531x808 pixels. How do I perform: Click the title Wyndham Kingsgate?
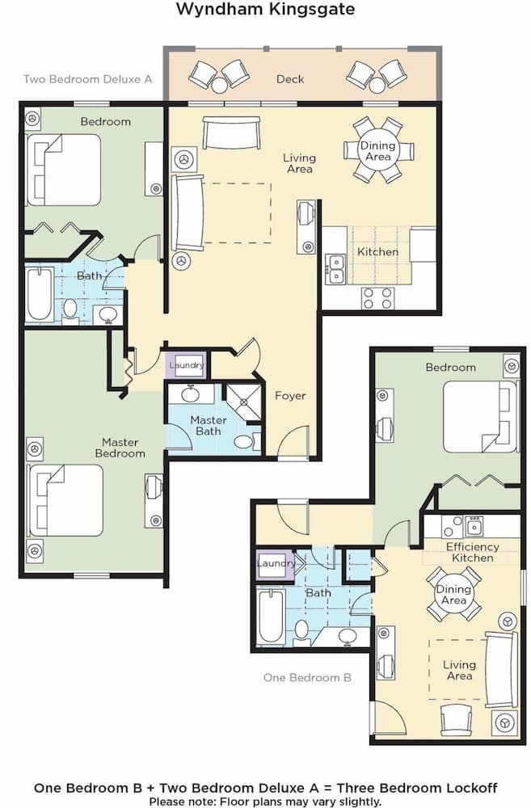click(x=265, y=10)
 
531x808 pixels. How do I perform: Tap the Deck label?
click(x=290, y=79)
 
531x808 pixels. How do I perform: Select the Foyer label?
click(x=290, y=396)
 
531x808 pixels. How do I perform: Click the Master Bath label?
click(x=208, y=425)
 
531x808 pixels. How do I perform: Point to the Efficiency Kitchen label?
click(x=473, y=552)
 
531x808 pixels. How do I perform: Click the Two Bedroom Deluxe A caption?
click(x=88, y=79)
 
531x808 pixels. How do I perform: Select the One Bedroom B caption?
click(x=307, y=678)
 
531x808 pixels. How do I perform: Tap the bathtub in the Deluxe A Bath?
click(x=40, y=294)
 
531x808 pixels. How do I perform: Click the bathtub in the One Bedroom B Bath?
click(x=272, y=617)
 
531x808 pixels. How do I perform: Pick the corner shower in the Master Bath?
click(x=240, y=401)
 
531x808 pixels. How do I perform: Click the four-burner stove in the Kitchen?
click(x=377, y=298)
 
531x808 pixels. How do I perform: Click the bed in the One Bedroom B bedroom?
click(x=479, y=416)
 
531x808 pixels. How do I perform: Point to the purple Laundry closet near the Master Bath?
click(x=187, y=365)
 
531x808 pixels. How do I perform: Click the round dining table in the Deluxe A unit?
click(x=378, y=150)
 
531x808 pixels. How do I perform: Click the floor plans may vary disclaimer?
click(x=265, y=802)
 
